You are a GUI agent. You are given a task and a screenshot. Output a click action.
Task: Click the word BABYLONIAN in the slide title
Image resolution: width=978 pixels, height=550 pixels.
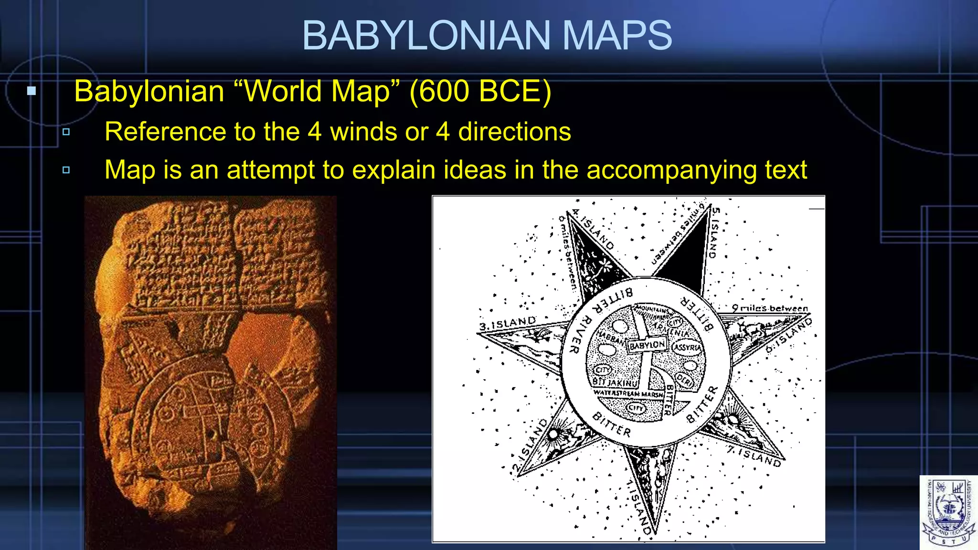426,35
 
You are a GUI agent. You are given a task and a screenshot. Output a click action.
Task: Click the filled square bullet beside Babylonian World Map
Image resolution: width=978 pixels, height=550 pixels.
32,91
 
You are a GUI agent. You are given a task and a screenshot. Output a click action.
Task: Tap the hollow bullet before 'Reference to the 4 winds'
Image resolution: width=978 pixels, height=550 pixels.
66,132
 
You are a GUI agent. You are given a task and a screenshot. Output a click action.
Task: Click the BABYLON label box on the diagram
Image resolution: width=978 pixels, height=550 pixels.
647,345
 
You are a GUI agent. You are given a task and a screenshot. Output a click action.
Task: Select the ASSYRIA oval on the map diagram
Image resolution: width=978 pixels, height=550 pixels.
687,347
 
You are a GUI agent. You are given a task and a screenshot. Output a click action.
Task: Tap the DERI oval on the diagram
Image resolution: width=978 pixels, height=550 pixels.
684,381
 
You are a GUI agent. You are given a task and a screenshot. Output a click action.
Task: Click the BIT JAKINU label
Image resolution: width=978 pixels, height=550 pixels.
615,382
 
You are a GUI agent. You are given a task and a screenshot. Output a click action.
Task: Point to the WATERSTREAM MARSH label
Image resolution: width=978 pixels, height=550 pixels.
628,394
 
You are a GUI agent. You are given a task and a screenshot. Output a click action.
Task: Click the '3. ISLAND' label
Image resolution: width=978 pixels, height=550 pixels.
507,323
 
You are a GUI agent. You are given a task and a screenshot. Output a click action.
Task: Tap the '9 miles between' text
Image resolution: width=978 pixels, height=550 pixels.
770,308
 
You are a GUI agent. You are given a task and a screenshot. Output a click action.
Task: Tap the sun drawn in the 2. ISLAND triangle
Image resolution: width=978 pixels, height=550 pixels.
553,434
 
